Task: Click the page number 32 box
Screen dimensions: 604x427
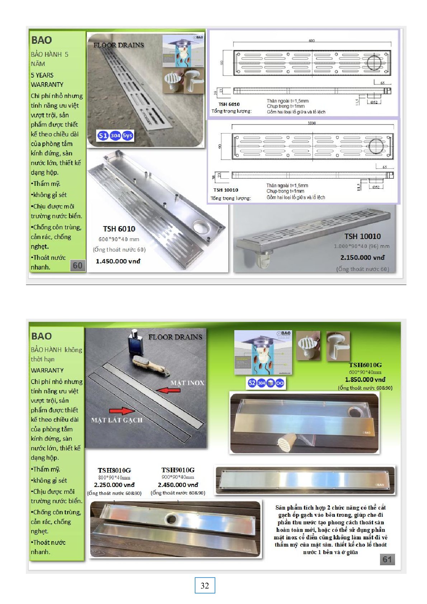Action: pyautogui.click(x=205, y=585)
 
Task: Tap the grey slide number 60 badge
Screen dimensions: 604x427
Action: pyautogui.click(x=78, y=266)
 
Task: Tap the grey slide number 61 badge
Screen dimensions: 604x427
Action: pyautogui.click(x=387, y=559)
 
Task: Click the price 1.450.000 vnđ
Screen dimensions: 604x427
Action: pyautogui.click(x=118, y=261)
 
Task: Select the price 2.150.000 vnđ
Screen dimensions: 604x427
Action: pyautogui.click(x=362, y=257)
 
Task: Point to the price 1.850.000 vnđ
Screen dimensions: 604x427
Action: pyautogui.click(x=365, y=379)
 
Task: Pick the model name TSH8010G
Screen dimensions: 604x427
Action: pyautogui.click(x=114, y=470)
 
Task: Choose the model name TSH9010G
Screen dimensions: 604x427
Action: pyautogui.click(x=178, y=470)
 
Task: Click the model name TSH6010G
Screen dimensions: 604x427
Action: pyautogui.click(x=365, y=365)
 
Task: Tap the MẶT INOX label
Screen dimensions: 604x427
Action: pyautogui.click(x=187, y=383)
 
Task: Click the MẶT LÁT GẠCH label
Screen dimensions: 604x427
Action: pyautogui.click(x=117, y=420)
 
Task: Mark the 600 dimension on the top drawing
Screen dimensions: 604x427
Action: pyautogui.click(x=311, y=41)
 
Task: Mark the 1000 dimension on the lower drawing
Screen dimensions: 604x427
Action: pyautogui.click(x=311, y=123)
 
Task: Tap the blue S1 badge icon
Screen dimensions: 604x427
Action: pyautogui.click(x=103, y=135)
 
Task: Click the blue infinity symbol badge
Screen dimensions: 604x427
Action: pyautogui.click(x=280, y=383)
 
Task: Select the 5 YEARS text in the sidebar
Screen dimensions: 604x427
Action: pyautogui.click(x=42, y=75)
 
